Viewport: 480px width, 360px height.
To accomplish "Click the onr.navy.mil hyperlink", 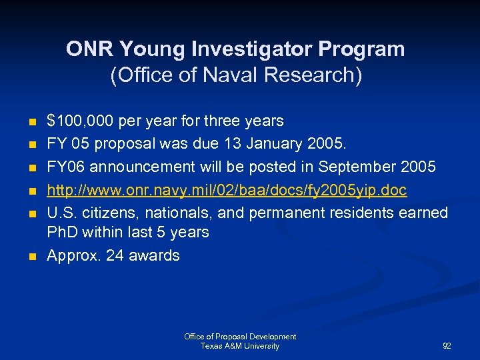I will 227,191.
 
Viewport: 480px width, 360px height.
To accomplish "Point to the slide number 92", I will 447,346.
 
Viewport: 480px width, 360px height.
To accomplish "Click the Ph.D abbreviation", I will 63,233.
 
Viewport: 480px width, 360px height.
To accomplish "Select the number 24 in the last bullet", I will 115,255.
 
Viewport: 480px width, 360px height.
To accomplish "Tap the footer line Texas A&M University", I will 240,346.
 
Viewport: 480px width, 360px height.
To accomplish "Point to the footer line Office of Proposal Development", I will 240,337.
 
